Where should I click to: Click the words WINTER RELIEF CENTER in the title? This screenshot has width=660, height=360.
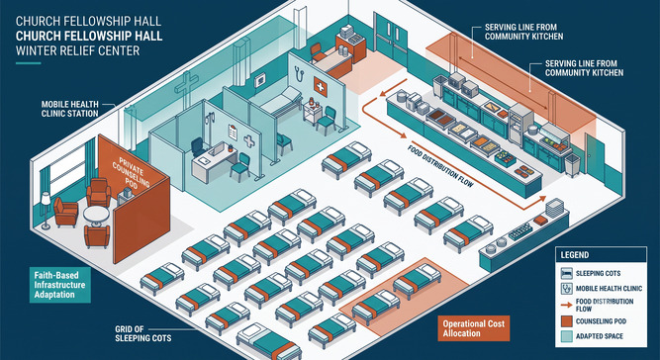[x=78, y=51]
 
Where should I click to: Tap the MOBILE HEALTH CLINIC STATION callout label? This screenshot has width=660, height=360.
[x=70, y=108]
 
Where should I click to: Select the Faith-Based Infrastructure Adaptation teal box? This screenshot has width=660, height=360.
[x=60, y=285]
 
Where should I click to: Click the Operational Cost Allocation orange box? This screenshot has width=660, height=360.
[x=474, y=328]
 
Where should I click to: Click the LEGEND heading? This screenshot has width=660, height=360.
[x=575, y=255]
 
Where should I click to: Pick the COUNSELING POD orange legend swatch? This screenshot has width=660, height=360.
[x=565, y=321]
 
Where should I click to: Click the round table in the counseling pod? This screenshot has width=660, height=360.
[x=96, y=216]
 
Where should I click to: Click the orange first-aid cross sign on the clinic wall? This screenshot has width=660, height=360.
[x=320, y=86]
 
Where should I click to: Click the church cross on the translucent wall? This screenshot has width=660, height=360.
[x=186, y=89]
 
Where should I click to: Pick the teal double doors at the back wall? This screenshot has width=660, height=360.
[x=390, y=39]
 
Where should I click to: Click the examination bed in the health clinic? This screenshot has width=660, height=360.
[x=281, y=100]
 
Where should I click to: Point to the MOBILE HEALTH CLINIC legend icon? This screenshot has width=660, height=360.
[x=566, y=288]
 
